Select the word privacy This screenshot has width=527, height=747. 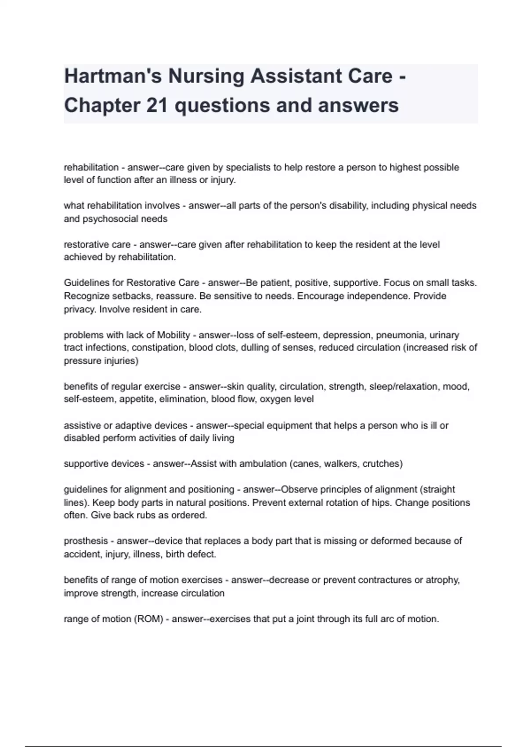80,309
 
